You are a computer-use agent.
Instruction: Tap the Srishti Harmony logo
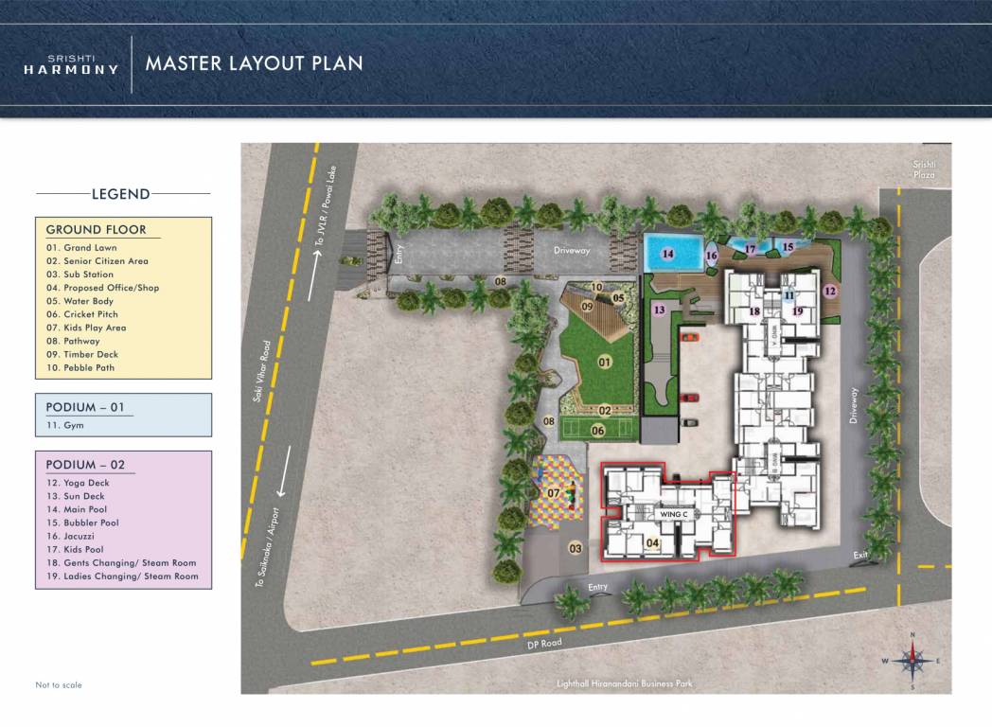72,64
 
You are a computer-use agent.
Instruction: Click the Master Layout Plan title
254,63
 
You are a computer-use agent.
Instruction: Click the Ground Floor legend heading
97,229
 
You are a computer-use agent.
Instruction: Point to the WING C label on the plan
672,513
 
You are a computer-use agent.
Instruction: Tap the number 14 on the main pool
667,254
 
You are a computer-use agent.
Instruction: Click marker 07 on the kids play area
555,492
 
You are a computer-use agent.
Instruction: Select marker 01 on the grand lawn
605,362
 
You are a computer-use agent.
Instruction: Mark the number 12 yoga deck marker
830,292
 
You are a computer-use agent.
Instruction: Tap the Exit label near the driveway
860,555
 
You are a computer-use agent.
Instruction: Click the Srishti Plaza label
924,169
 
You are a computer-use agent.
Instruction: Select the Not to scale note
59,684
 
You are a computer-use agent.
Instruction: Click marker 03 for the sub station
575,548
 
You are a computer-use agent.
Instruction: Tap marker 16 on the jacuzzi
711,256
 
